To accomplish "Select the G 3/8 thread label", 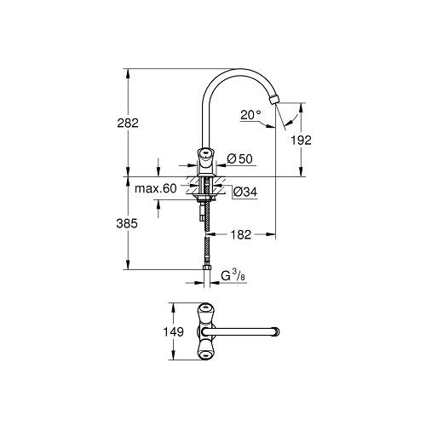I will [233, 276].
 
